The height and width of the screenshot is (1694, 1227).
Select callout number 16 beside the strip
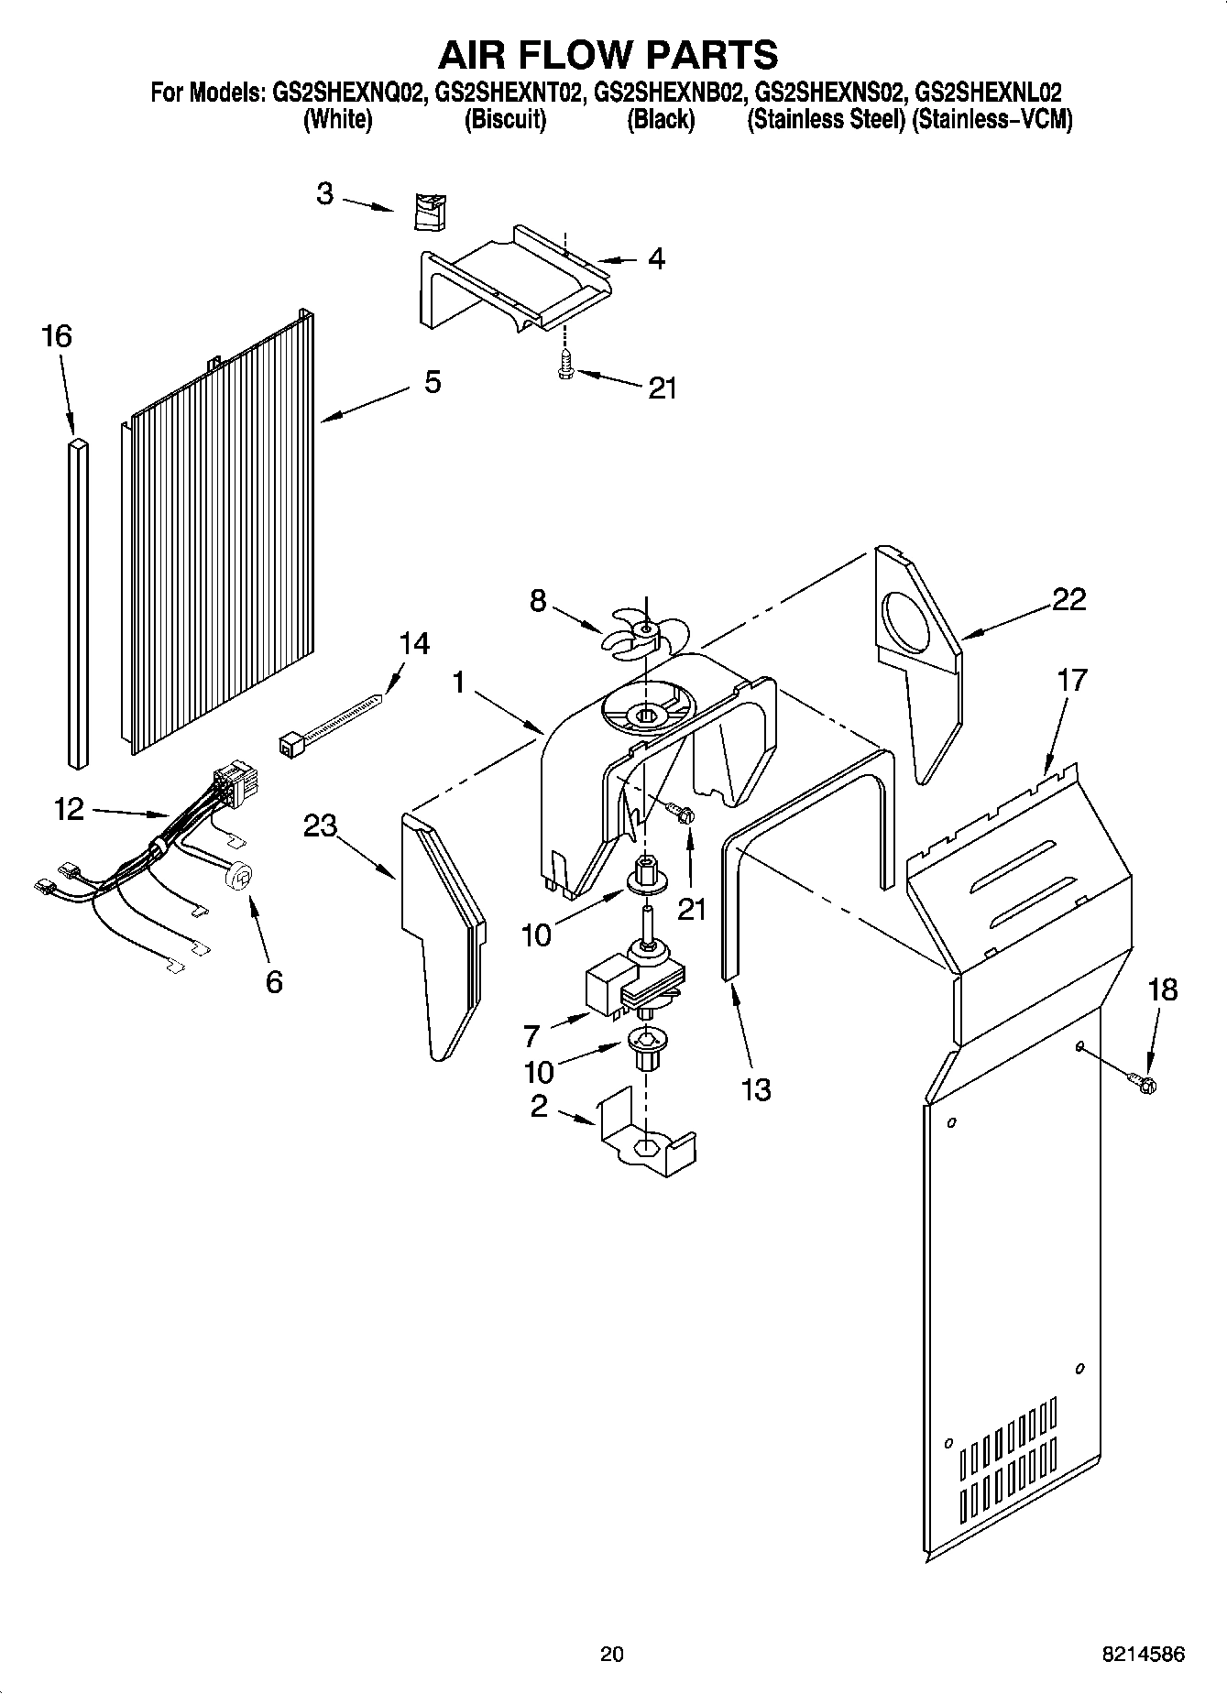click(x=57, y=336)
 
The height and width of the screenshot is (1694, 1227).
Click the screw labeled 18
click(x=1145, y=1084)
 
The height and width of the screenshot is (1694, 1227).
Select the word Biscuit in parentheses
click(x=505, y=119)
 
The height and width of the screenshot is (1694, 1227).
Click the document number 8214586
click(x=1143, y=1654)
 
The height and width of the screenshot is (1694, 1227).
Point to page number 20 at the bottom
click(x=612, y=1654)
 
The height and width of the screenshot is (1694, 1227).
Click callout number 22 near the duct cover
click(x=1068, y=599)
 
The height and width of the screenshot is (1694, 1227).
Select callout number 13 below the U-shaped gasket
click(x=756, y=1089)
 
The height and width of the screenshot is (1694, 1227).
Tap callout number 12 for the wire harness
click(x=69, y=808)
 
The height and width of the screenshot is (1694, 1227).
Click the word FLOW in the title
click(x=608, y=55)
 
